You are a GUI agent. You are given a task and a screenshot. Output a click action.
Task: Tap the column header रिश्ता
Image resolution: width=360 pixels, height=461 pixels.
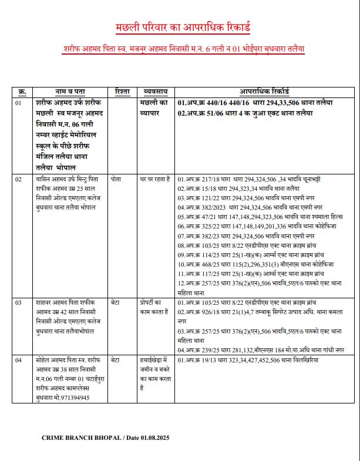[x=123, y=92]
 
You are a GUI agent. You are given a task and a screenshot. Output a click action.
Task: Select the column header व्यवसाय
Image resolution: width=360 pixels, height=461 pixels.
[x=156, y=92]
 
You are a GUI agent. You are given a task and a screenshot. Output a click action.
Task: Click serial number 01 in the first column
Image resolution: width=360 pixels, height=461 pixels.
[x=19, y=103]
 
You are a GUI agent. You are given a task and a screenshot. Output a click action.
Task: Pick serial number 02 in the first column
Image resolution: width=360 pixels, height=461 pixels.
[x=19, y=178]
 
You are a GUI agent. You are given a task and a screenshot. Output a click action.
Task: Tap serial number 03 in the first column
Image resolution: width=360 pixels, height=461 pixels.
[x=19, y=302]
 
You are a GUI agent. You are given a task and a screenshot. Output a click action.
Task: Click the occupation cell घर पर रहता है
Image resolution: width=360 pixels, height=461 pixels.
[x=155, y=178]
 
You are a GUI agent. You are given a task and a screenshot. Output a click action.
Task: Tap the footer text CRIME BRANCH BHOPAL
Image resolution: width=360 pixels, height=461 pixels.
[x=81, y=438]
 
